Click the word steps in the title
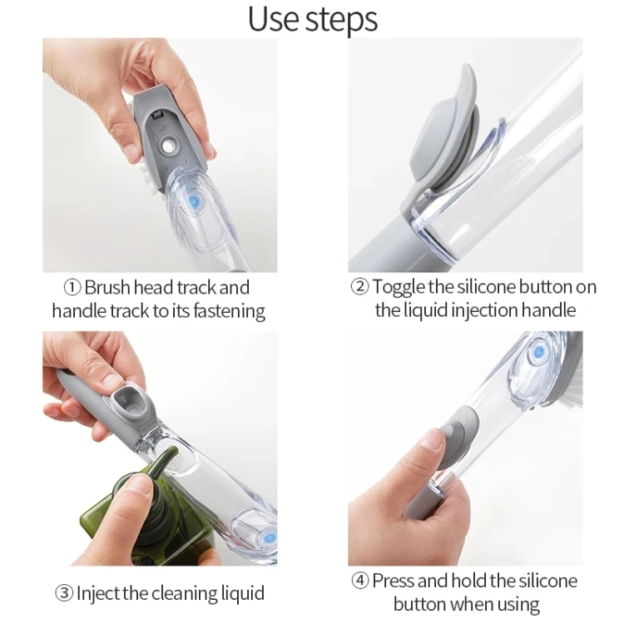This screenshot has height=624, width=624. pyautogui.click(x=342, y=20)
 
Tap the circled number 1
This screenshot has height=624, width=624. pyautogui.click(x=72, y=287)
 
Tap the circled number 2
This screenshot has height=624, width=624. pyautogui.click(x=359, y=287)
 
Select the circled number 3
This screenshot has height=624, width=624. pyautogui.click(x=65, y=593)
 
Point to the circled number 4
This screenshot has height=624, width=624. pyautogui.click(x=359, y=580)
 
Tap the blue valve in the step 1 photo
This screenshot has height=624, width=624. pyautogui.click(x=195, y=202)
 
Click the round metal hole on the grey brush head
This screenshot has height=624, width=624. pyautogui.click(x=170, y=145)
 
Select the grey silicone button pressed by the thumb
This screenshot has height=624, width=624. pyautogui.click(x=455, y=436)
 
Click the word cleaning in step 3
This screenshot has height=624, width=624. pyautogui.click(x=191, y=593)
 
